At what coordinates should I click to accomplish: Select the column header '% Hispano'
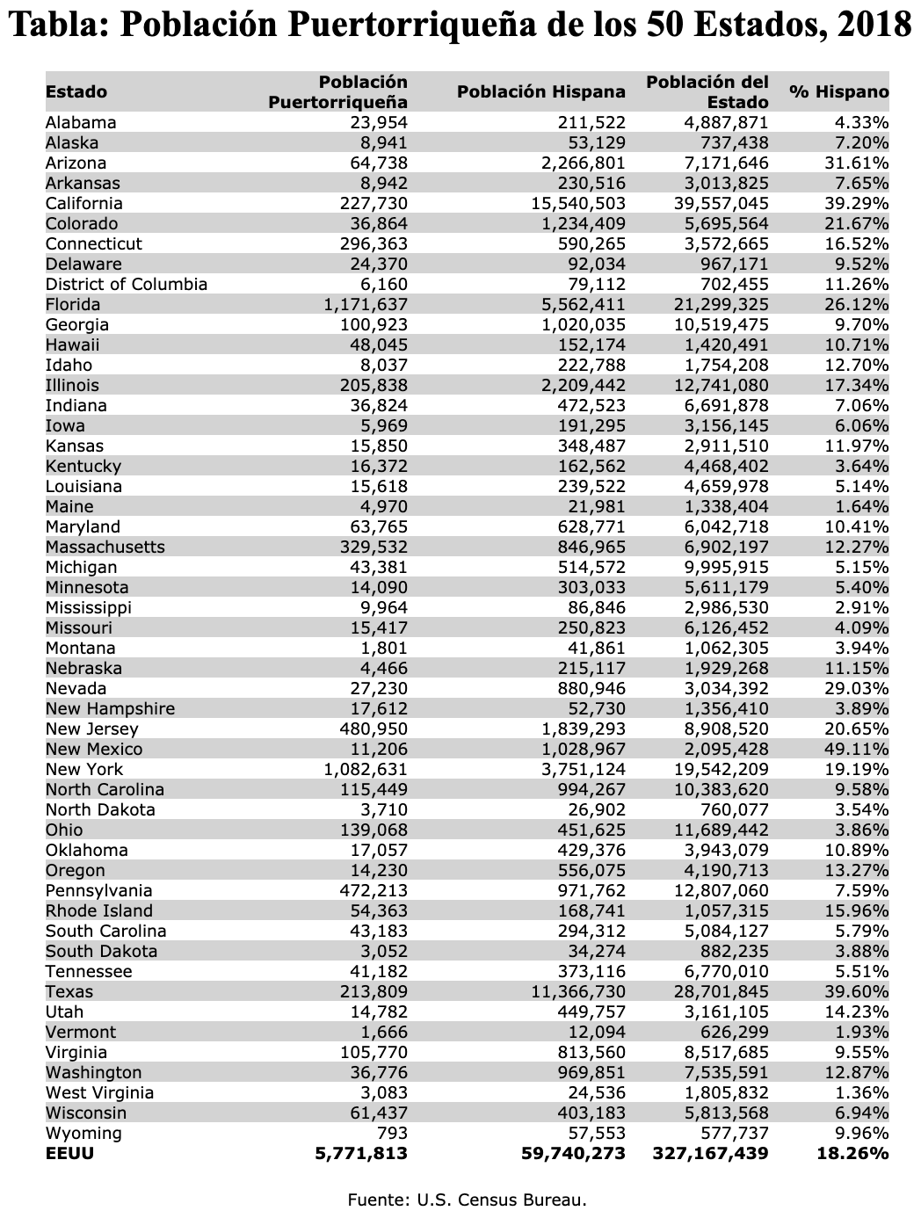pos(838,92)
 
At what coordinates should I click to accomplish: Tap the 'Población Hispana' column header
pos(541,92)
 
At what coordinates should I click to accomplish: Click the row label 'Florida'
pos(73,305)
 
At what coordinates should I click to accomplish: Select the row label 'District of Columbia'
pos(127,285)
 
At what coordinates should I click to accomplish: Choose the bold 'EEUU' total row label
pos(69,1154)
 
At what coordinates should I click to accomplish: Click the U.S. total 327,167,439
pos(711,1154)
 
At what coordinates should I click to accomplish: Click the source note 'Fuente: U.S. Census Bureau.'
pos(467,1199)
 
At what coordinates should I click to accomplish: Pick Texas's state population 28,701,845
pos(717,992)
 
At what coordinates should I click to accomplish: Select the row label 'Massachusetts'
pos(105,547)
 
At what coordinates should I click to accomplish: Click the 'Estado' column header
pos(76,92)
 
